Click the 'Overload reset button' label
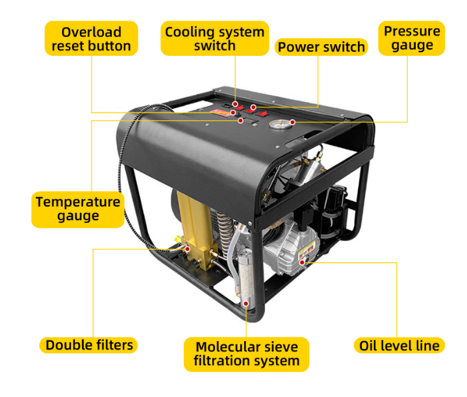91,38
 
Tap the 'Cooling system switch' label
215,38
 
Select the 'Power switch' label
321,47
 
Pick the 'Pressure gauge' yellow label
412,38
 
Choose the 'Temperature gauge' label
78,209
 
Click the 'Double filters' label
89,345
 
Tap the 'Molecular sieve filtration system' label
247,354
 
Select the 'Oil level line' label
399,346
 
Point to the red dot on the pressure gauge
292,122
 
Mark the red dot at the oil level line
302,263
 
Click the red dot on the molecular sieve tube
246,303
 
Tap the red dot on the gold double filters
187,249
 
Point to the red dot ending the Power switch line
253,107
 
